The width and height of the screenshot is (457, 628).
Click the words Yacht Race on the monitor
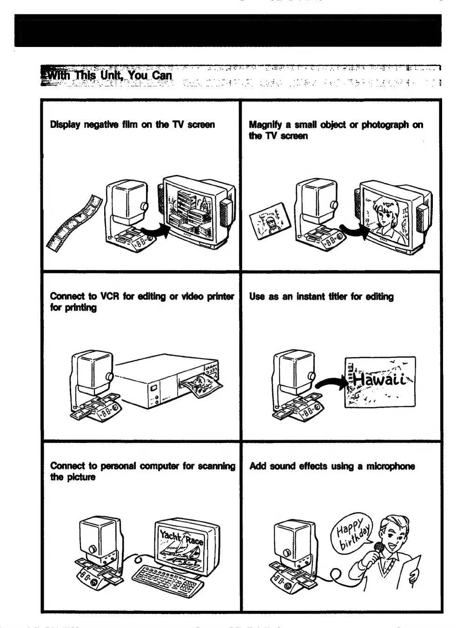pyautogui.click(x=181, y=537)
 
